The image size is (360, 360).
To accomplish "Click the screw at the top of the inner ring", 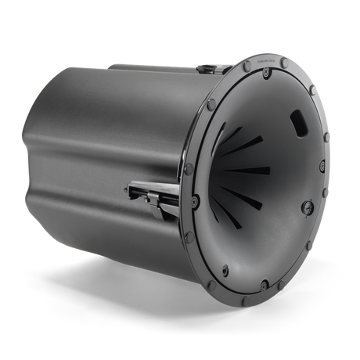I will [267, 72].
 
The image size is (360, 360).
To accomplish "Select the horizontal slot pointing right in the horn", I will [254, 169].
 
